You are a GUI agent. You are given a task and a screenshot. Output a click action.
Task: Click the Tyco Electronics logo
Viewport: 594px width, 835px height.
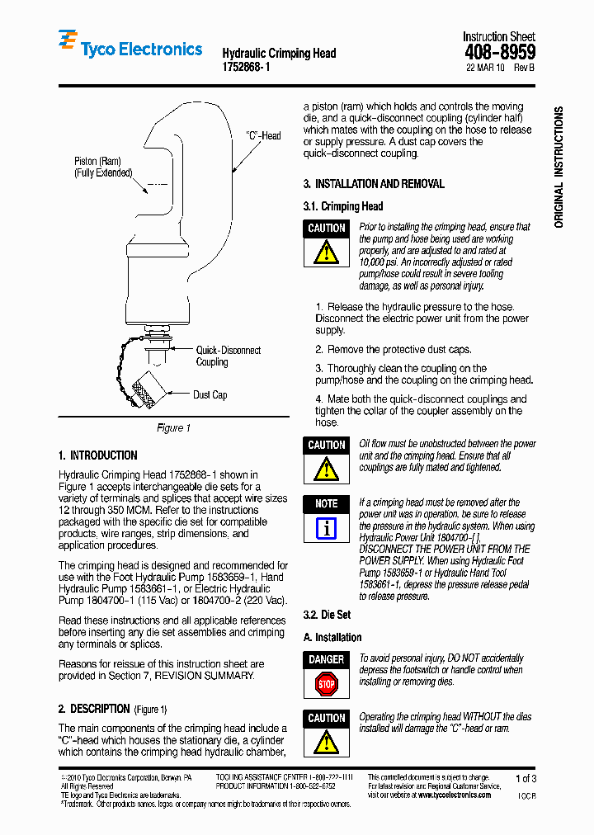130,49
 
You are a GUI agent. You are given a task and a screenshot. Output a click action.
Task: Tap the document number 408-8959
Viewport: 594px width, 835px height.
500,53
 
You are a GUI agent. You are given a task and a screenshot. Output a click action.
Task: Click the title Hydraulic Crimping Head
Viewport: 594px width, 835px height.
279,53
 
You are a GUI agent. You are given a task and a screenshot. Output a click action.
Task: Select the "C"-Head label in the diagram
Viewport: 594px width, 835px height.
263,135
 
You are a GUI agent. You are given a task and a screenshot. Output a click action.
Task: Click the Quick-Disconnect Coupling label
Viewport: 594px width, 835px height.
228,356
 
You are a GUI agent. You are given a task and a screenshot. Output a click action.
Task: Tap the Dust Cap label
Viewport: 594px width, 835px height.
210,394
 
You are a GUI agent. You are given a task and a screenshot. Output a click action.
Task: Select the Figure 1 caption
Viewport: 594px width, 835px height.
173,427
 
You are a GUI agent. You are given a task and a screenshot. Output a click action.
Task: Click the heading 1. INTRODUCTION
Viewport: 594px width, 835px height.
97,455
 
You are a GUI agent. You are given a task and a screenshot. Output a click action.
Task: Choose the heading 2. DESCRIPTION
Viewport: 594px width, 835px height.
94,709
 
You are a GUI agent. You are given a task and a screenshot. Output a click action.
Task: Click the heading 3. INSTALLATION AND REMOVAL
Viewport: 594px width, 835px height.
374,184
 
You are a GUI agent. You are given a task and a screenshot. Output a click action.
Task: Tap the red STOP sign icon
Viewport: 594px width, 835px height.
327,683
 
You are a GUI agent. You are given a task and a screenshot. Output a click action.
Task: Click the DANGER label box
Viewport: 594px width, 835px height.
327,659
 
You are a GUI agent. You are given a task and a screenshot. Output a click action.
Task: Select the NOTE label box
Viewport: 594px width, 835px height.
327,503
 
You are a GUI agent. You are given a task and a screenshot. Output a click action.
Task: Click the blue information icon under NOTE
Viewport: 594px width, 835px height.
327,528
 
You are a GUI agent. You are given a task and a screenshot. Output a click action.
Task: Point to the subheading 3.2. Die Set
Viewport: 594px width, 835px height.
327,615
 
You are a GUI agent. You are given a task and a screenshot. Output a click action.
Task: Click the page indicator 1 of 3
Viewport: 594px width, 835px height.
526,778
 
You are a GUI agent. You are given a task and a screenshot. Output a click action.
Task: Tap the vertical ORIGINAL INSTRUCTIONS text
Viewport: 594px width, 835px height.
559,167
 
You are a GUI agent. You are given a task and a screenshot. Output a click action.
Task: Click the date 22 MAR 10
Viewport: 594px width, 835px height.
487,69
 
